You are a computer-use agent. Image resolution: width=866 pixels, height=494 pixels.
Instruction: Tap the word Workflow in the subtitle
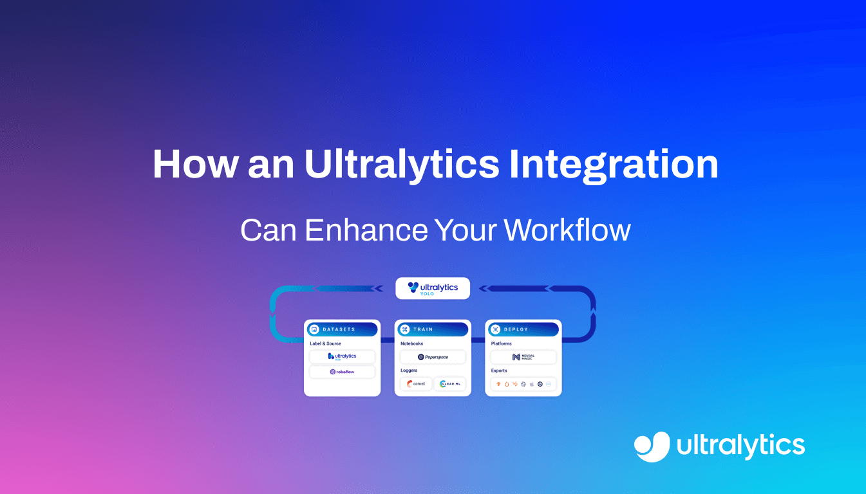[x=567, y=230]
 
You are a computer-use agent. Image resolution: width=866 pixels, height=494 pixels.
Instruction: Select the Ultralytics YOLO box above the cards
[x=433, y=288]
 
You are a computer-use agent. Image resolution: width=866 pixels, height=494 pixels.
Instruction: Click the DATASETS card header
[x=342, y=329]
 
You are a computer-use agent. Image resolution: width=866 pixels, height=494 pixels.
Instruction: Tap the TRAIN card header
[x=433, y=329]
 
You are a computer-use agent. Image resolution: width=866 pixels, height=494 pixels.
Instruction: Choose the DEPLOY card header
[x=523, y=329]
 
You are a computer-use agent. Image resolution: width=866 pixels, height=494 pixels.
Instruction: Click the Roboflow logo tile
[x=342, y=372]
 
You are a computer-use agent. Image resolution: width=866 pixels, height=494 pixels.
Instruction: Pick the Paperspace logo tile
[x=433, y=356]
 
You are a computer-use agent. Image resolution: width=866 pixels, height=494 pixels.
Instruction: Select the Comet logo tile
[x=415, y=384]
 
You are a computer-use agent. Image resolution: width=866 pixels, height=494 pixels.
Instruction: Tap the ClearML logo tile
[x=449, y=384]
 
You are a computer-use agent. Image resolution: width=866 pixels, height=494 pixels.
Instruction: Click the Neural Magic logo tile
[x=523, y=357]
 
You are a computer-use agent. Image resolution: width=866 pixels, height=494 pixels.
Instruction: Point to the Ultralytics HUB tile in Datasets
[x=342, y=356]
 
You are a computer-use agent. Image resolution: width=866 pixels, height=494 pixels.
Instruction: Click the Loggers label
[x=409, y=370]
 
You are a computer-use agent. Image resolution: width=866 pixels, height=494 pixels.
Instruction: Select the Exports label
[x=499, y=370]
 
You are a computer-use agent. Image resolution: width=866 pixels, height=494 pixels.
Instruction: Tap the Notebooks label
[x=412, y=343]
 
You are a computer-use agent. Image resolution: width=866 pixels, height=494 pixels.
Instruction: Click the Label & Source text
[x=326, y=343]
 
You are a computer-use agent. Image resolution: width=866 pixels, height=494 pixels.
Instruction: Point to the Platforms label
[x=502, y=343]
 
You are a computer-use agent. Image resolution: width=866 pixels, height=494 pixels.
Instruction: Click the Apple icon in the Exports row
[x=531, y=384]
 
